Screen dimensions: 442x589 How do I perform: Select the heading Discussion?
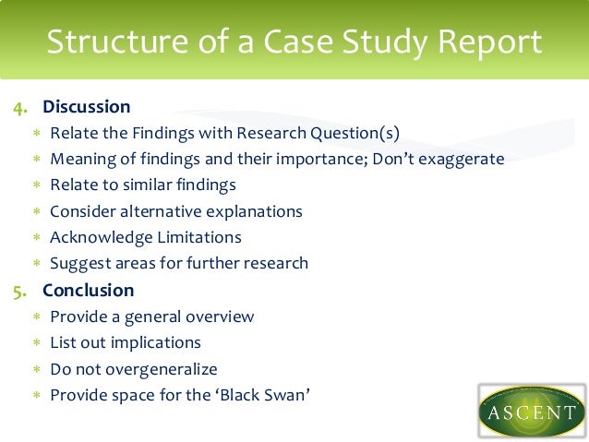coord(87,106)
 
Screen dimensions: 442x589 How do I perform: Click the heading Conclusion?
coord(89,291)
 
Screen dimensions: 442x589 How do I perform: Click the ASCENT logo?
coord(532,409)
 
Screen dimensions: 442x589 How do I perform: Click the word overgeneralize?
coord(157,369)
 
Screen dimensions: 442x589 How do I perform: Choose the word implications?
coord(157,342)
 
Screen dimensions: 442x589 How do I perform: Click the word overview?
coord(217,317)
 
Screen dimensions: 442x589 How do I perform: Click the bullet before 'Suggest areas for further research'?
coord(37,264)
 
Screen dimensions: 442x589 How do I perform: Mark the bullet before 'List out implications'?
coord(37,343)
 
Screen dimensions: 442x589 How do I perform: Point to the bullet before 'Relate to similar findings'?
coord(37,185)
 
